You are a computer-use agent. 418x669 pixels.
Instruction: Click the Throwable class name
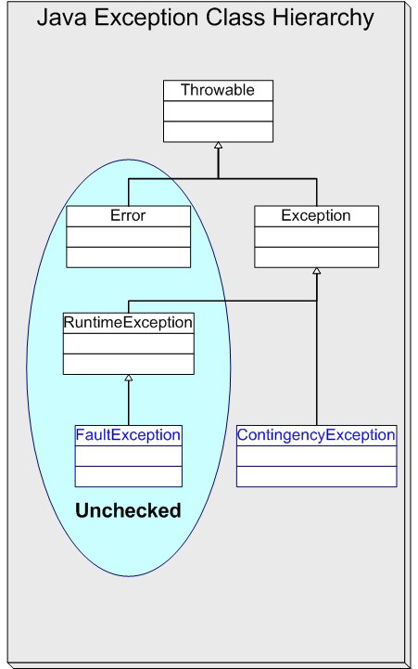click(x=218, y=90)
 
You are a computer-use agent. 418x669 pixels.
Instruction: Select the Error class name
click(x=128, y=215)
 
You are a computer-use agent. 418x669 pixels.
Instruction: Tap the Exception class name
click(x=316, y=215)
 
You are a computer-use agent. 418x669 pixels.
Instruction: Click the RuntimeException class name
click(x=128, y=323)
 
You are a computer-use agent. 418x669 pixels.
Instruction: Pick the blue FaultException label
click(x=128, y=434)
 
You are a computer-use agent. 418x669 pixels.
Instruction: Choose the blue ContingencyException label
click(x=316, y=434)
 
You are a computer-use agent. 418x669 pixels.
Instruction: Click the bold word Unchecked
click(x=128, y=510)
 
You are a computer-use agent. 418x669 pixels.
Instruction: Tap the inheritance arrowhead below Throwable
click(x=218, y=146)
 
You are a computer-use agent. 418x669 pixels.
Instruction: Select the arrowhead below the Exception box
click(x=316, y=271)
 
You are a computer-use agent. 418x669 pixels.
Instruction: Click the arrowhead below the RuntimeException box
click(x=128, y=379)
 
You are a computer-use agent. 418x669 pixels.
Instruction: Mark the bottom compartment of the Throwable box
click(x=218, y=131)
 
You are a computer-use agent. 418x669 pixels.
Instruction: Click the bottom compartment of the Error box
click(x=128, y=256)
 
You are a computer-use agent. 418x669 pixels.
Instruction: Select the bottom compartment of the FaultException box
click(x=128, y=476)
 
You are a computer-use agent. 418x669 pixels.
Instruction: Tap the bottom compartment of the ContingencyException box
click(x=316, y=476)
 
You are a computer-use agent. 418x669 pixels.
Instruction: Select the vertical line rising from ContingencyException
click(x=316, y=371)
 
